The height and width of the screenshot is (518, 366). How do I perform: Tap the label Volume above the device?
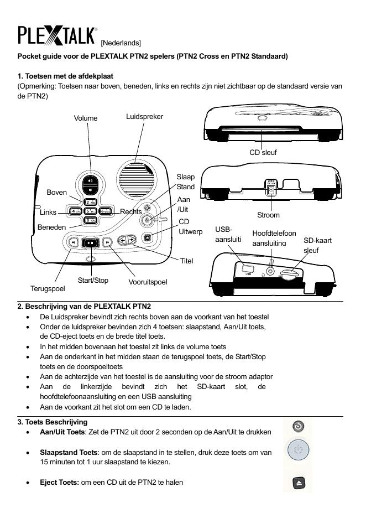click(85, 118)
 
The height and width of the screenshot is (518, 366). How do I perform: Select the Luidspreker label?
click(144, 116)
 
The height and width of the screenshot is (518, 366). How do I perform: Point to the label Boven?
click(56, 193)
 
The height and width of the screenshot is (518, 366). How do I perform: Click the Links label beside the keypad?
click(48, 212)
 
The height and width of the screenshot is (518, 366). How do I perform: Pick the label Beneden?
click(51, 227)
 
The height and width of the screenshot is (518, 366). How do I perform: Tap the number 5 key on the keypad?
click(91, 211)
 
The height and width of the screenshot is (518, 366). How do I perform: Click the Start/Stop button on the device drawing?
click(90, 242)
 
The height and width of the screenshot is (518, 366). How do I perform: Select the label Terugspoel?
click(48, 288)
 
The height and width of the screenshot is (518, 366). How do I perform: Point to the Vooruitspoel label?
click(148, 282)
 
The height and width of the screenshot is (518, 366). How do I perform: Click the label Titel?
click(186, 261)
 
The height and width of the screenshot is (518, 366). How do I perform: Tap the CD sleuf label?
click(263, 152)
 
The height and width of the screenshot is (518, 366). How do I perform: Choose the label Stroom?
click(268, 215)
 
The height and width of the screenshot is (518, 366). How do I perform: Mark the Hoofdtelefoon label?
click(274, 234)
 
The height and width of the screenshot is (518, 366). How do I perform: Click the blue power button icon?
click(298, 450)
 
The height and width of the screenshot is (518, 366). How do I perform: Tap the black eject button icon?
click(298, 483)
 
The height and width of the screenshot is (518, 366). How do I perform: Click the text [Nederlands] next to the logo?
click(121, 43)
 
